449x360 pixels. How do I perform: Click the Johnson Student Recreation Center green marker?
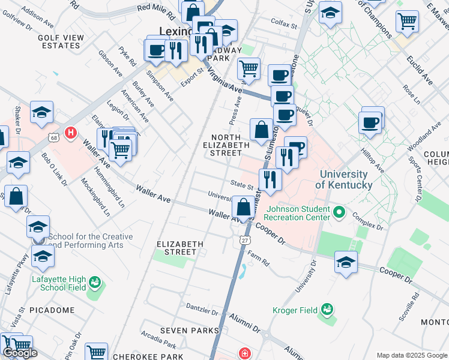(339, 212)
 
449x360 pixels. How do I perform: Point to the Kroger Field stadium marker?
(327, 310)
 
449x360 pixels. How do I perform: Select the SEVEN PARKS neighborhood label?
(189, 331)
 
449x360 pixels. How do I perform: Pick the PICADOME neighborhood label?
(55, 310)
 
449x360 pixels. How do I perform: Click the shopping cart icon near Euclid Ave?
(407, 22)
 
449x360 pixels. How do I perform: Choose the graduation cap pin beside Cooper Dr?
(346, 262)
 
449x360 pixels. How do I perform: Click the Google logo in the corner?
(20, 353)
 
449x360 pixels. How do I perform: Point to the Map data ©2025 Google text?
(411, 355)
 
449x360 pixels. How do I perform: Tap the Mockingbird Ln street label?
(95, 198)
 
